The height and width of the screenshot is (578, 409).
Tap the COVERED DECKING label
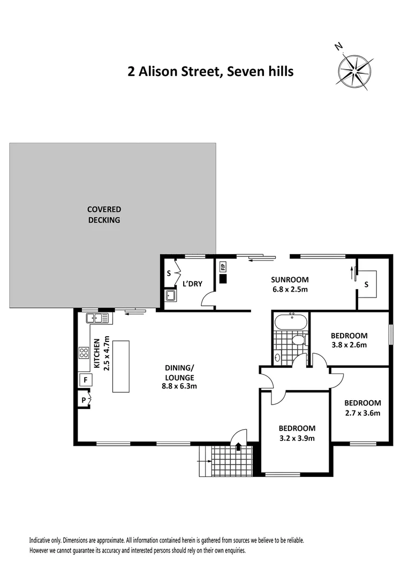pos(104,214)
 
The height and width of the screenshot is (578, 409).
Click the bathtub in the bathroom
pos(291,323)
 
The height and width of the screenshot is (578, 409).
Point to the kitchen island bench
pos(122,366)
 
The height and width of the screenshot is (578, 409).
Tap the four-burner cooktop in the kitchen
pos(84,352)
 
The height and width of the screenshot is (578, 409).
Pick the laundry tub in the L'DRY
pos(171,295)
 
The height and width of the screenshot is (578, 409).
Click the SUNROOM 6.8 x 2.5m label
pos(290,284)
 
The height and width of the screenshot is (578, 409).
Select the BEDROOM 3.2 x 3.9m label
pos(297,433)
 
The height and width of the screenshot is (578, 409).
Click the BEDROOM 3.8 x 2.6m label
pos(350,340)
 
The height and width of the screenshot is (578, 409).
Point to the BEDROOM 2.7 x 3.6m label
pos(362,407)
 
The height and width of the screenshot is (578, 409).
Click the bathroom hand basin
pos(277,357)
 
